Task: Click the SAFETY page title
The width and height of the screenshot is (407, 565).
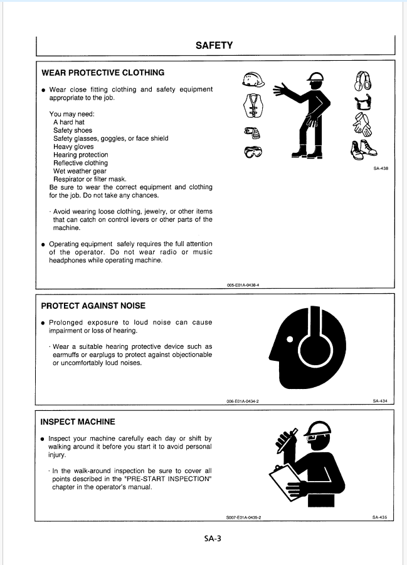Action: pos(214,45)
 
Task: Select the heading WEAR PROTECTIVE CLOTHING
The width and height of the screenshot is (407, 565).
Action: pos(102,73)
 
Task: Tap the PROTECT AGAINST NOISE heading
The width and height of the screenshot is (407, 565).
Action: pos(93,306)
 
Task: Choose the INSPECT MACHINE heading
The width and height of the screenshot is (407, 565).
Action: pos(78,422)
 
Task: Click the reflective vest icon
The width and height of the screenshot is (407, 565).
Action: pos(253,105)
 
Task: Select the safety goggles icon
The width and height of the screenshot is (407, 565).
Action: pos(253,152)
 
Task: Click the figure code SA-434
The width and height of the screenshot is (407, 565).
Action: pos(380,402)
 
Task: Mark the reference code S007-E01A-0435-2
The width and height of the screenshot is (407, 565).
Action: pos(243,517)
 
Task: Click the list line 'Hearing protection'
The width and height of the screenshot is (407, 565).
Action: pos(80,155)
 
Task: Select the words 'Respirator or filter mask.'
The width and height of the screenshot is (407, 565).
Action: pos(90,179)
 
